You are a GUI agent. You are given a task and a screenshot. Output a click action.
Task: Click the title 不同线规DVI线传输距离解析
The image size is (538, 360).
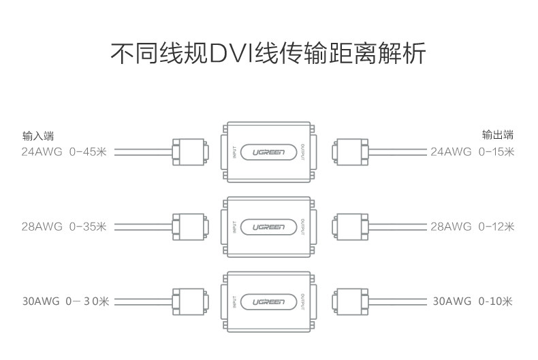point(268,53)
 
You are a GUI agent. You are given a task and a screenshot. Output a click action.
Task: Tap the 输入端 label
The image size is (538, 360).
point(38,136)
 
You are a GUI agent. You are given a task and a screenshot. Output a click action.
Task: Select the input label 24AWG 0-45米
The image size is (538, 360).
point(64,151)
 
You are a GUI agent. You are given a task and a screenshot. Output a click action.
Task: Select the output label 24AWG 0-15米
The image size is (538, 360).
point(473,151)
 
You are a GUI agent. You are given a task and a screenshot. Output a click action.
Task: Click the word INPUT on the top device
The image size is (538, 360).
point(234,152)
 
